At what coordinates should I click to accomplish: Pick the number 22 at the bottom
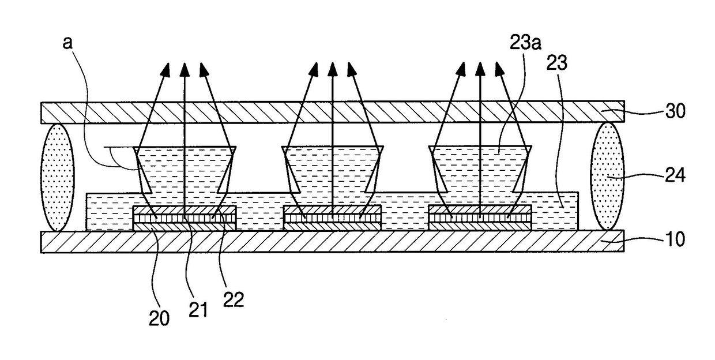click(234, 299)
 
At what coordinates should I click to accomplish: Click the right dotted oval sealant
click(608, 174)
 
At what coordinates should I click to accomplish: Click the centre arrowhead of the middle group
click(332, 70)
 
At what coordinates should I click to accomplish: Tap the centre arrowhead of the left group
click(185, 70)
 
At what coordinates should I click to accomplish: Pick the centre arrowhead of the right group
click(480, 70)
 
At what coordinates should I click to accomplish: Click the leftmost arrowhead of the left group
click(165, 70)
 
